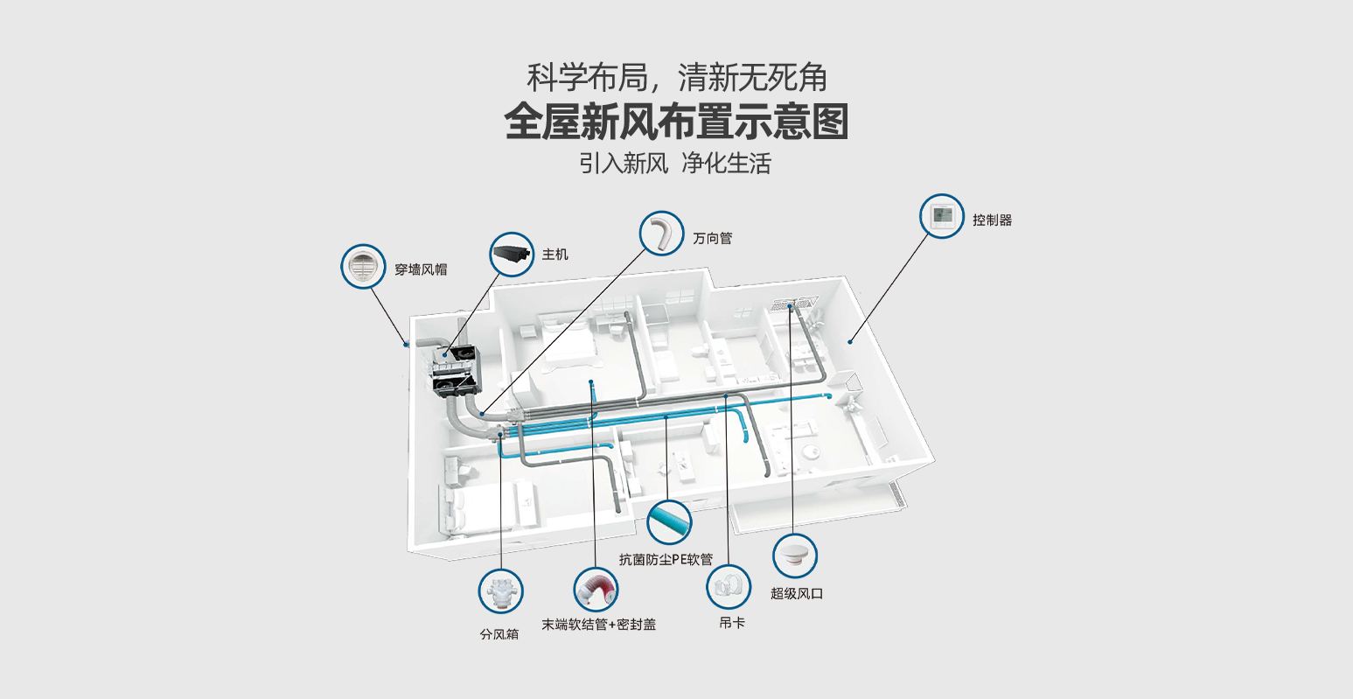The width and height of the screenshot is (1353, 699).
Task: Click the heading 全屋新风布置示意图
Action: (x=676, y=122)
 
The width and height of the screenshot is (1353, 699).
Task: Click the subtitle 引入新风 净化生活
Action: (x=675, y=164)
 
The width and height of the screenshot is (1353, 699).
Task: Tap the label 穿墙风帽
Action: (x=420, y=269)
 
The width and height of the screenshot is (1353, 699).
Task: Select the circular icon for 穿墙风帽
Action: (x=363, y=266)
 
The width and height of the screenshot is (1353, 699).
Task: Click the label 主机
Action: (x=554, y=255)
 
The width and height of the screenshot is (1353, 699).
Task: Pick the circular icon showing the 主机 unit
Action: (x=512, y=255)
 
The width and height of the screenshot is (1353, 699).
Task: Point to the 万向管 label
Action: (x=712, y=238)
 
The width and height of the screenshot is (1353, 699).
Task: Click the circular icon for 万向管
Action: (x=661, y=234)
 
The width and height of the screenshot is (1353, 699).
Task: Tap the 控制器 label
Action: (x=992, y=220)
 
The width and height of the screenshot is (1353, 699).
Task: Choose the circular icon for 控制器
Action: (x=942, y=215)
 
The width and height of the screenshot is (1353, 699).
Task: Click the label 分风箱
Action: (x=499, y=634)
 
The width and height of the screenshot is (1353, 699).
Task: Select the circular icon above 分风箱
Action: (x=500, y=591)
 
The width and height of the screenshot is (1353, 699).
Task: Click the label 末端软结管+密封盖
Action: (x=598, y=625)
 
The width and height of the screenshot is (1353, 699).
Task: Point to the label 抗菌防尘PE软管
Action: (x=666, y=560)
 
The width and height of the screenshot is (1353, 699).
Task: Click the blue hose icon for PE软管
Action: (x=669, y=522)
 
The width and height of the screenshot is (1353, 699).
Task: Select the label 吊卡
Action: (x=732, y=624)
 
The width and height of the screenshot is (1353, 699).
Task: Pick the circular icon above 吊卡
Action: (x=729, y=587)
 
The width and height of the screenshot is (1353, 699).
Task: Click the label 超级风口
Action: (x=796, y=593)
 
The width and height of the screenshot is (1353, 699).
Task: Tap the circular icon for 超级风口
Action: (x=794, y=556)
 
